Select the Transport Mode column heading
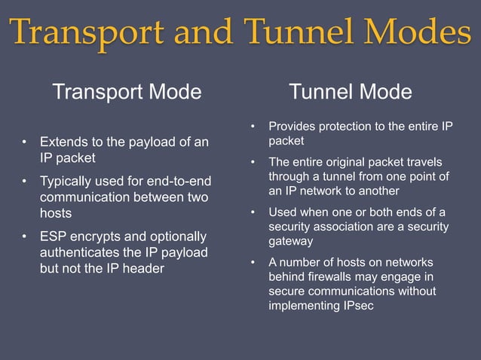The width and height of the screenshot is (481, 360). click(x=127, y=93)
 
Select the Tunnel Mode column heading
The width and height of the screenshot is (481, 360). click(x=351, y=93)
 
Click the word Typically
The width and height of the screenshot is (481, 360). click(x=68, y=181)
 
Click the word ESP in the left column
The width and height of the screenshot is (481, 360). click(x=54, y=236)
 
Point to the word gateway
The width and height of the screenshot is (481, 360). click(x=291, y=242)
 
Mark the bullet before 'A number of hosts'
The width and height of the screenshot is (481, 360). click(x=254, y=263)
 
